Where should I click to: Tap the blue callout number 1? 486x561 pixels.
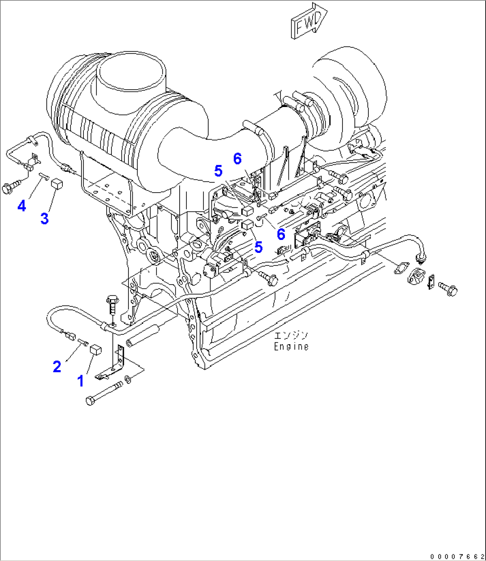[x=81, y=381]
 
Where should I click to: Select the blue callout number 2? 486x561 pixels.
[x=57, y=367]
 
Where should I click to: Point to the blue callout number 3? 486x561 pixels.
[x=44, y=219]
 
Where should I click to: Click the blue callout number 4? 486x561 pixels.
[x=22, y=206]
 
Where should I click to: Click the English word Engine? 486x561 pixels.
[x=291, y=346]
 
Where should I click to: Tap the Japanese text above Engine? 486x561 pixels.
[x=291, y=336]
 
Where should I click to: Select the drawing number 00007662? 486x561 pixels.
[x=457, y=556]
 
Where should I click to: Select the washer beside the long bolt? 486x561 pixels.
[x=128, y=379]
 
